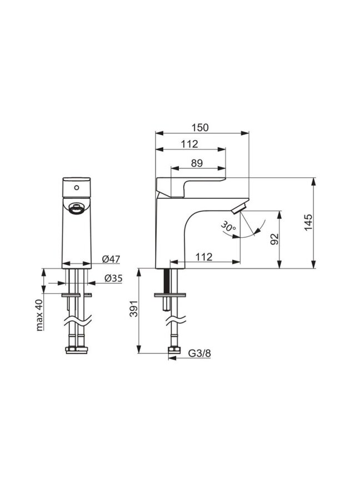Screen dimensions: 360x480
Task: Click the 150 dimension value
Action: pyautogui.click(x=200, y=127)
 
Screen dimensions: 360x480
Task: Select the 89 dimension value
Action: pyautogui.click(x=197, y=163)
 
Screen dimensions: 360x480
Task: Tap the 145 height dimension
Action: pyautogui.click(x=308, y=223)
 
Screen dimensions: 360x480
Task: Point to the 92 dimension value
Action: pyautogui.click(x=274, y=239)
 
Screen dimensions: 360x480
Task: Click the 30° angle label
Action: pyautogui.click(x=228, y=227)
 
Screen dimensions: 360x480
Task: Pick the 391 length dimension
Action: pyautogui.click(x=134, y=309)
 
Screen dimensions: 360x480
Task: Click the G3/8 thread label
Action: pyautogui.click(x=199, y=353)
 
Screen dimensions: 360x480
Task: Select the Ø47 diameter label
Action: pyautogui.click(x=111, y=259)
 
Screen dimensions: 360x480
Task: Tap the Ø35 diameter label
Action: pyautogui.click(x=113, y=278)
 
